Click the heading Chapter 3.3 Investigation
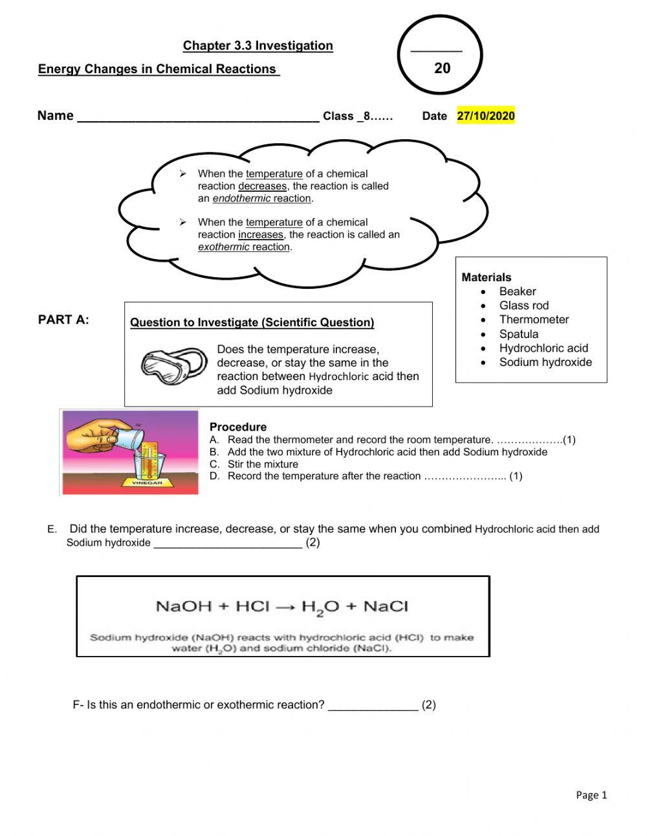click(x=258, y=45)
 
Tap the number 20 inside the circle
click(x=442, y=69)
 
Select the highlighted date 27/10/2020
click(x=485, y=116)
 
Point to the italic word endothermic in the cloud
click(x=241, y=199)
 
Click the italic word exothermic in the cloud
click(x=223, y=247)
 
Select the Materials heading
click(x=486, y=277)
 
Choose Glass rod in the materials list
click(x=523, y=306)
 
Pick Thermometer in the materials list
click(x=534, y=320)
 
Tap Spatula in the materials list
click(x=518, y=334)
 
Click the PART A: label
click(x=63, y=320)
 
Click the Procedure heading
click(x=237, y=427)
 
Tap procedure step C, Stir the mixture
click(x=262, y=464)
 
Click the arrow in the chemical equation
click(x=285, y=607)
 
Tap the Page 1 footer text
click(x=591, y=795)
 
